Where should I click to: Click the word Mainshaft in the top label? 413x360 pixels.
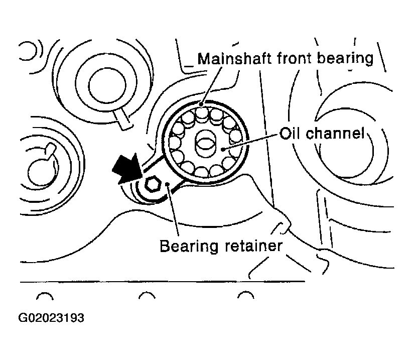click(234, 58)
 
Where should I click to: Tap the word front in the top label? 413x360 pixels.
click(294, 58)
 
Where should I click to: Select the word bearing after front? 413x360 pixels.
click(345, 59)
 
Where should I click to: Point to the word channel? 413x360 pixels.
click(335, 133)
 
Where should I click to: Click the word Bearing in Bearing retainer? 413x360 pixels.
click(189, 247)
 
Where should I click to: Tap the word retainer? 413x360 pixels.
click(253, 246)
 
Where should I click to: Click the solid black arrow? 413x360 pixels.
click(127, 168)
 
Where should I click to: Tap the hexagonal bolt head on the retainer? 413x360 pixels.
click(152, 184)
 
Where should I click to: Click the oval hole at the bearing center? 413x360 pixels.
click(205, 144)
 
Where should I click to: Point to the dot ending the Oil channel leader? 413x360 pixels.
click(223, 150)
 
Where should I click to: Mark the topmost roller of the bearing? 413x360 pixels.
click(202, 112)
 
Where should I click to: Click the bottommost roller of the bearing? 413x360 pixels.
click(202, 172)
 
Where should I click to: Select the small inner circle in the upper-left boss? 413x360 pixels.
click(107, 85)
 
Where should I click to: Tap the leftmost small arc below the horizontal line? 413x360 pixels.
click(45, 296)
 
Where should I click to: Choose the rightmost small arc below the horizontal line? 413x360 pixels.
click(246, 295)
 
